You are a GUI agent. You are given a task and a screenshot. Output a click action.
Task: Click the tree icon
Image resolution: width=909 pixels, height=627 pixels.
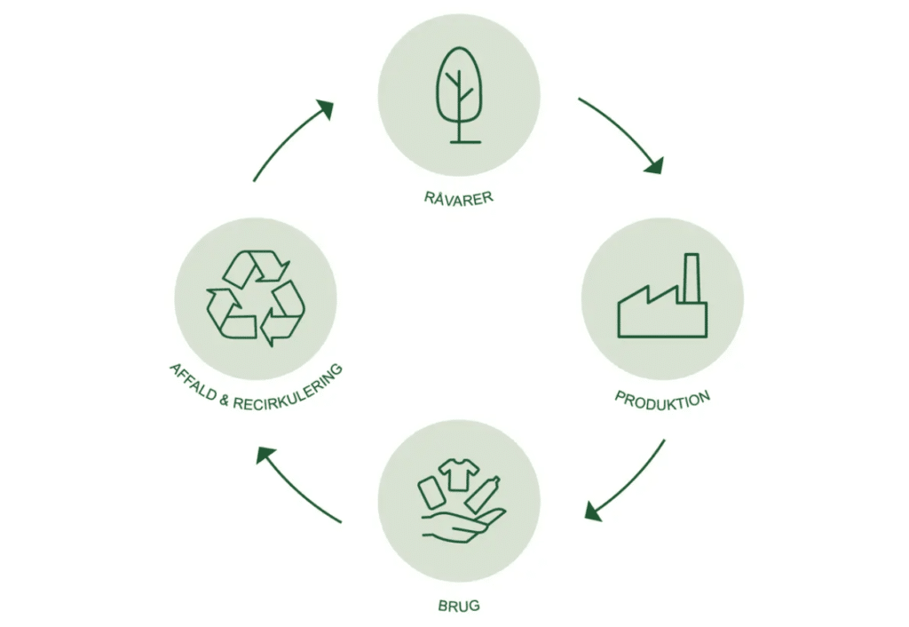(459, 93)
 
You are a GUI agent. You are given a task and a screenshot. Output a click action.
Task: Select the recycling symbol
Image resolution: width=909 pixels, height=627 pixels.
(256, 298)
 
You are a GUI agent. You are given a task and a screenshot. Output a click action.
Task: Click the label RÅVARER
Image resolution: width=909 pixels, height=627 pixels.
(458, 196)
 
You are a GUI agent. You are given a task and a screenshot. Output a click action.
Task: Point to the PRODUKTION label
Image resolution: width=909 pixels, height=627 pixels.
(662, 400)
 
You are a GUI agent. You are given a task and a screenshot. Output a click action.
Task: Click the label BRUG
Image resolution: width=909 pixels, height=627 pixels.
(459, 607)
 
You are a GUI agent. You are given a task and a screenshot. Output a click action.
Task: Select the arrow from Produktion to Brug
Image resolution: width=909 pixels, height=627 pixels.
(626, 480)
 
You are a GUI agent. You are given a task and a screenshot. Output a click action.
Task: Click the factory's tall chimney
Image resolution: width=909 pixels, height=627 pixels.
(692, 277)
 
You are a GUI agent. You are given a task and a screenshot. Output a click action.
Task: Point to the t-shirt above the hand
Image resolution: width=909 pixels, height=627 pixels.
(458, 472)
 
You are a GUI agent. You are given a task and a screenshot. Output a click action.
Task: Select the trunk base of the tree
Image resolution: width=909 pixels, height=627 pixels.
(459, 140)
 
